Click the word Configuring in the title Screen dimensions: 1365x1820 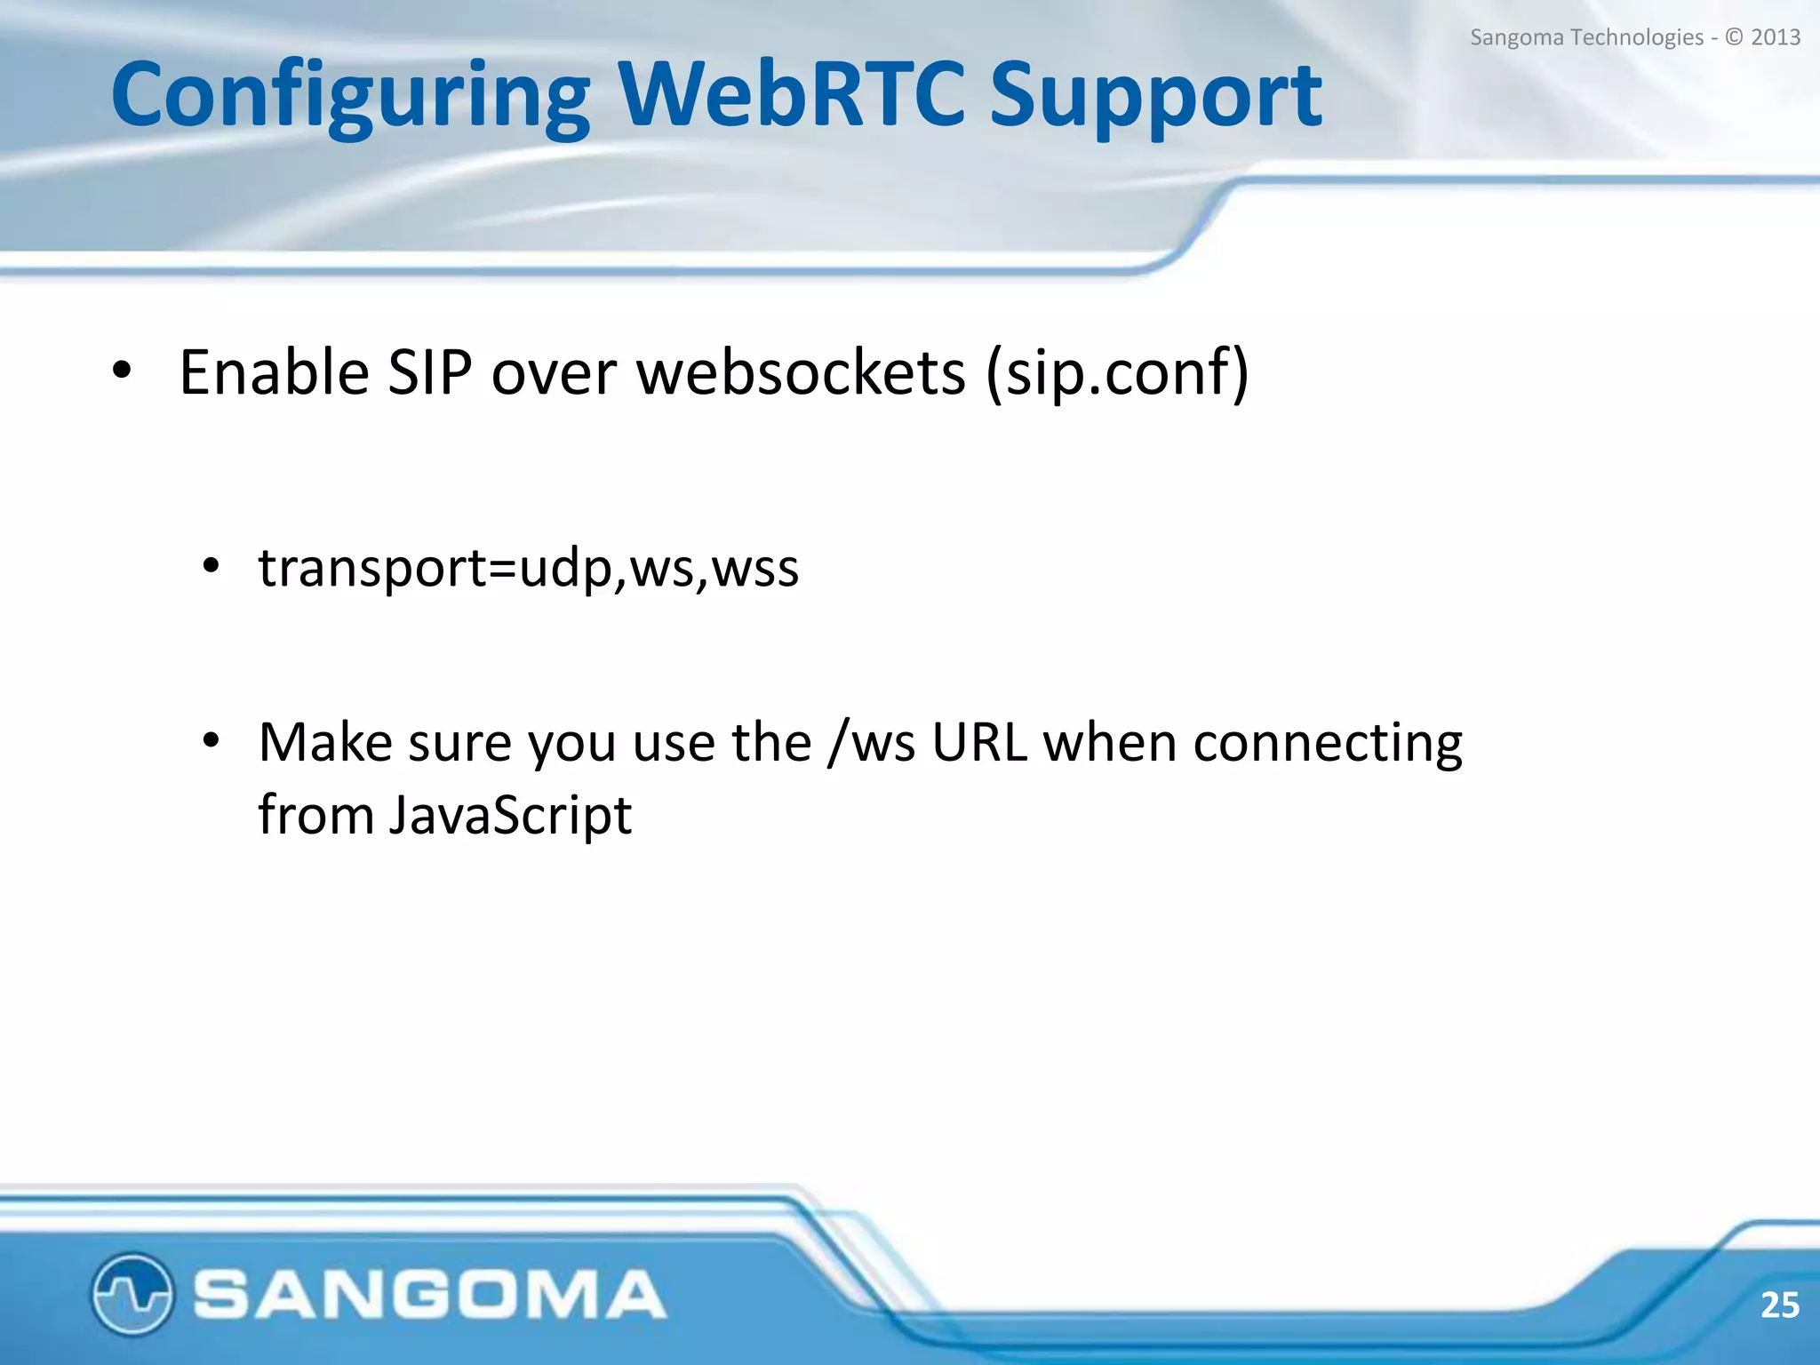[350, 96]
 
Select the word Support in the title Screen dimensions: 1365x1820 [1155, 96]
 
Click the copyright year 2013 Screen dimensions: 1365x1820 [1775, 37]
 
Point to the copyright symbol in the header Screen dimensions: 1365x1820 [1734, 37]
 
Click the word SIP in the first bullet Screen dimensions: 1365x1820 [430, 371]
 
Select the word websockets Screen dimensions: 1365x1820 [801, 371]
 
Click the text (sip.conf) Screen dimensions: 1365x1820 [1117, 373]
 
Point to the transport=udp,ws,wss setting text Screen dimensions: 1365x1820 [529, 567]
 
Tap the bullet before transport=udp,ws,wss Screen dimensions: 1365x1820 [211, 566]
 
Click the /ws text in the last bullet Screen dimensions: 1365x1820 [871, 742]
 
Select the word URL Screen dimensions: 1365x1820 [979, 742]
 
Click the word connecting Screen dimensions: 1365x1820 [1327, 744]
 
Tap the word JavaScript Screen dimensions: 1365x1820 [510, 815]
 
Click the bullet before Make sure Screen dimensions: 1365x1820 [211, 740]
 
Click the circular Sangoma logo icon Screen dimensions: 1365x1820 [132, 1293]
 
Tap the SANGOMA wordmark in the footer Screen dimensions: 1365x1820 [429, 1294]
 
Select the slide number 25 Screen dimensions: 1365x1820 [1779, 1305]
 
